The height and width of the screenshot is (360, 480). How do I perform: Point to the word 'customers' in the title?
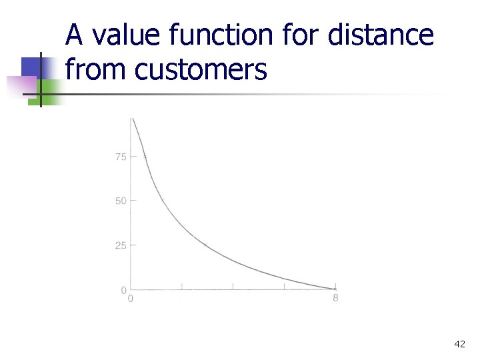[201, 69]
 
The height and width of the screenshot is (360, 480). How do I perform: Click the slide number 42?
[459, 344]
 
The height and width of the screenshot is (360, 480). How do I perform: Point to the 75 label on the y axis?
[121, 157]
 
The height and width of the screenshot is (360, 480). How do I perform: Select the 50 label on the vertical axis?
[121, 201]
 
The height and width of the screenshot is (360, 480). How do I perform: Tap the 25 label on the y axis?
[121, 245]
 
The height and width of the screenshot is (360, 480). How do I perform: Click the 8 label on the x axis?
[335, 298]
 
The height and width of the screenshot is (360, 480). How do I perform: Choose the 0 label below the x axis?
[131, 299]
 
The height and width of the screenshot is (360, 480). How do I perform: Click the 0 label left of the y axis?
[124, 290]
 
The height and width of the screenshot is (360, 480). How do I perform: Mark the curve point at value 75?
[145, 157]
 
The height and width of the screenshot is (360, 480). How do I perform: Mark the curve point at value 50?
[163, 200]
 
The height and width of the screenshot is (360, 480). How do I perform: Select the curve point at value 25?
[205, 245]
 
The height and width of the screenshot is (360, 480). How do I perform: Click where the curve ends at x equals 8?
[335, 289]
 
